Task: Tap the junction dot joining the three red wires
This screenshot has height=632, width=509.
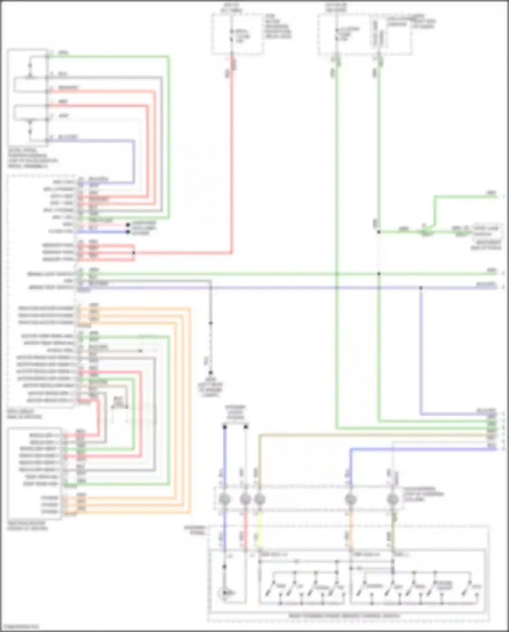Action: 134,253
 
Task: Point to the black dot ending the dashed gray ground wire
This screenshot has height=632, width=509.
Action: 210,373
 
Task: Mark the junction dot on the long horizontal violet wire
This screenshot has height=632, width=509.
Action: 421,288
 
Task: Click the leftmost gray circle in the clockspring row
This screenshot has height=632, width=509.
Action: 225,499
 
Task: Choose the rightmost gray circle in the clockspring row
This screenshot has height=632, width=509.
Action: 393,499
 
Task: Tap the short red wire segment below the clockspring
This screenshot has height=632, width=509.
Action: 245,530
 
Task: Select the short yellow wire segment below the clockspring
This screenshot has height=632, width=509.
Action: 260,530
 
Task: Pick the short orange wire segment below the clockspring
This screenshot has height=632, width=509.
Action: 351,530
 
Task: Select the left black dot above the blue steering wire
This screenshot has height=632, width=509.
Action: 225,427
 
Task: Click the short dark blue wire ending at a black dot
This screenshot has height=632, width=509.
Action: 102,232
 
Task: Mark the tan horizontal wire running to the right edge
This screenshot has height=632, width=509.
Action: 373,434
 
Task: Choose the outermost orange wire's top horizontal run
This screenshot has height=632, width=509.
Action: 136,308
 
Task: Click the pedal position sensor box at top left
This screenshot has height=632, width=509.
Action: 28,98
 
